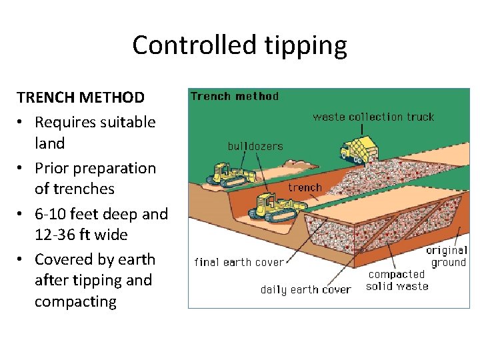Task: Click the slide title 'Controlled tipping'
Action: click(239, 45)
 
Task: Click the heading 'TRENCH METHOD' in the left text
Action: click(81, 98)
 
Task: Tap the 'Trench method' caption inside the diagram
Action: click(235, 96)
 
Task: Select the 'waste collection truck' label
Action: click(373, 117)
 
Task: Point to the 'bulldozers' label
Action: click(255, 146)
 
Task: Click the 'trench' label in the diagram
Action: click(305, 187)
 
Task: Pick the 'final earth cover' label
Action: click(239, 262)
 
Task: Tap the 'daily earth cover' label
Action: click(305, 289)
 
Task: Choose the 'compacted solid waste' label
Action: click(397, 280)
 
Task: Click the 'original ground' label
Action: click(447, 256)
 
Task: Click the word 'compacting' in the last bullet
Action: click(75, 302)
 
